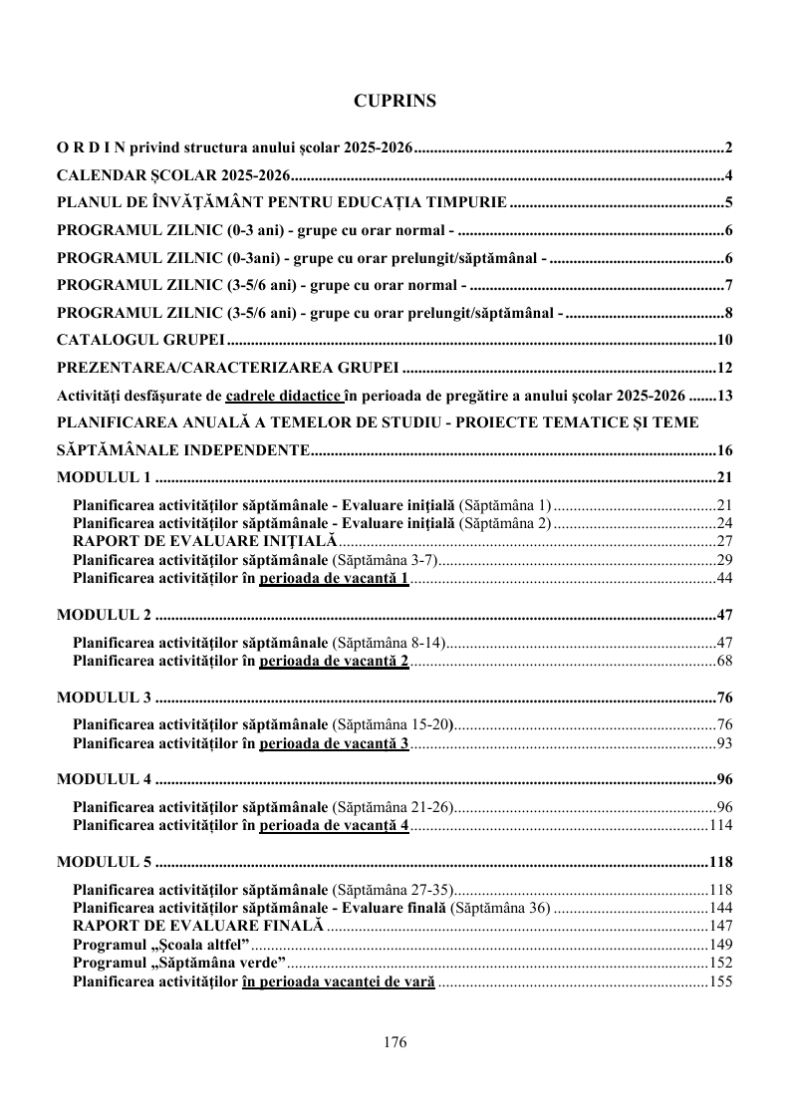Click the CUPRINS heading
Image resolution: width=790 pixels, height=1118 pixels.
pyautogui.click(x=395, y=101)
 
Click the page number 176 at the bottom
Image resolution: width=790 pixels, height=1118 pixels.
pyautogui.click(x=395, y=1042)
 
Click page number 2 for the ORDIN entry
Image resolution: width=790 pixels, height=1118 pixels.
pyautogui.click(x=728, y=148)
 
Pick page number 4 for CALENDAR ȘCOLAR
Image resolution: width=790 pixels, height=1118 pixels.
pyautogui.click(x=728, y=176)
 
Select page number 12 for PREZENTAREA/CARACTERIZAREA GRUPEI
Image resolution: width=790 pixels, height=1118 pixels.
pyautogui.click(x=724, y=367)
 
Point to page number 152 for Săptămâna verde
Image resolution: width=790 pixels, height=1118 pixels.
pyautogui.click(x=720, y=963)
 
